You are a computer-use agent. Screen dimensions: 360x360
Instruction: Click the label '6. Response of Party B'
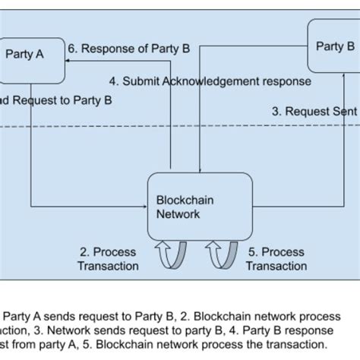coord(128,49)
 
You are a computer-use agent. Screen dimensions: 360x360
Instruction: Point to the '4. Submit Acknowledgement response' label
coord(210,81)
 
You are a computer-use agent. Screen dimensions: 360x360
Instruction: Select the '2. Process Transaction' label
coord(109,258)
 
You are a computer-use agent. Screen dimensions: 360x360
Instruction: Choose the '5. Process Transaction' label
coord(276,258)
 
